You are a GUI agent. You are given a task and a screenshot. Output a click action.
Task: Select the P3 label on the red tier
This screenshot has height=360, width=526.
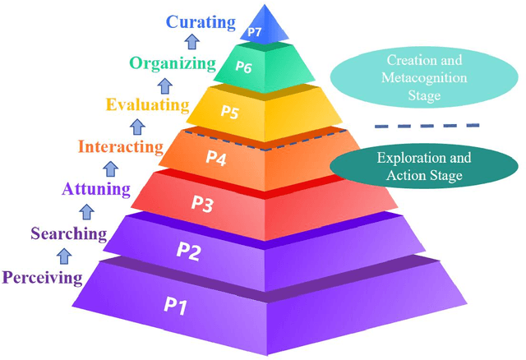coord(202,203)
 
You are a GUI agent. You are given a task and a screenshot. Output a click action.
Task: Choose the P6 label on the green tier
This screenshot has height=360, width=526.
coord(243,67)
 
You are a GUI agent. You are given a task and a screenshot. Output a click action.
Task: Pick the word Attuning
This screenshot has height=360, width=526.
coord(96,190)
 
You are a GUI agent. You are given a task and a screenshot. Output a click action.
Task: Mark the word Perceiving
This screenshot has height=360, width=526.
coord(42,277)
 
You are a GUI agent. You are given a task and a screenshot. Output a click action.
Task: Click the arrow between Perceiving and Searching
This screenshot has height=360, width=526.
coord(52,256)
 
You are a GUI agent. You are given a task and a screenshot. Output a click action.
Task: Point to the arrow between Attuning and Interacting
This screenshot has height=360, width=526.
coord(108,169)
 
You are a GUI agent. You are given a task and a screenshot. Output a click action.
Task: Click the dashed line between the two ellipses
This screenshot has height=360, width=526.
coord(427,125)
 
